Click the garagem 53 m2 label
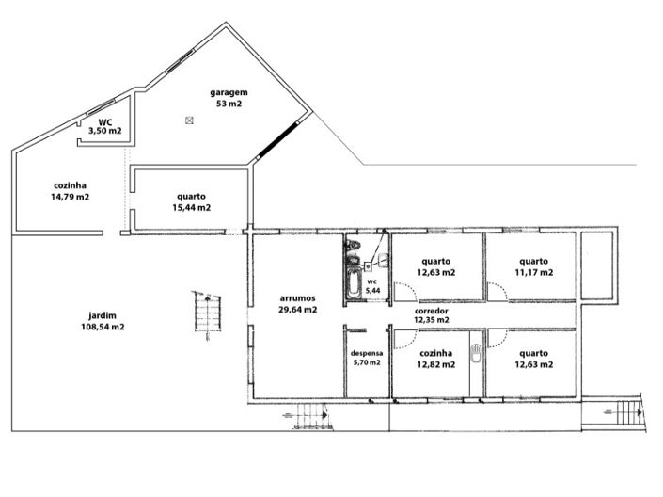click(x=228, y=98)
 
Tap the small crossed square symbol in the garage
click(x=189, y=120)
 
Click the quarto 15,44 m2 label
click(x=191, y=201)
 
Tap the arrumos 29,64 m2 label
click(x=297, y=302)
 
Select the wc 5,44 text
click(x=372, y=286)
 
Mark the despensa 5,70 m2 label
click(x=366, y=357)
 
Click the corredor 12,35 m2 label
click(x=431, y=314)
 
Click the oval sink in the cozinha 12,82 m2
click(x=477, y=355)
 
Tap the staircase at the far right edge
click(x=626, y=411)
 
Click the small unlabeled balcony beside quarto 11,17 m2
click(x=597, y=265)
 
